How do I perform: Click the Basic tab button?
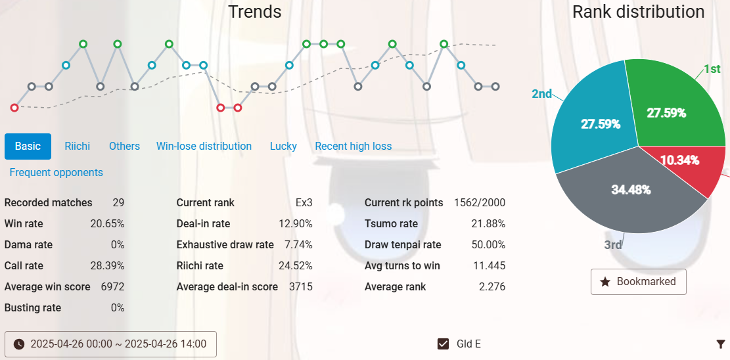click(28, 146)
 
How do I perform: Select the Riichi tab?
click(77, 146)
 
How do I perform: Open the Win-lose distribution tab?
click(204, 146)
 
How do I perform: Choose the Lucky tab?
click(283, 146)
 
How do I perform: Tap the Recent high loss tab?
click(353, 146)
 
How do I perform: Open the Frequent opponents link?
click(56, 172)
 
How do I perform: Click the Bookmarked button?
click(638, 281)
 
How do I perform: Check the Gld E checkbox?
click(444, 344)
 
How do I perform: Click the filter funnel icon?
click(721, 344)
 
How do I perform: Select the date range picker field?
click(110, 344)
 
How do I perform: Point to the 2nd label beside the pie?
click(541, 94)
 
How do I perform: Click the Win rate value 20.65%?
click(107, 223)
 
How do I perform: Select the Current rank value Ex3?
click(304, 202)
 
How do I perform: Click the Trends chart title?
click(255, 12)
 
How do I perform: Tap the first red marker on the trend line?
click(14, 108)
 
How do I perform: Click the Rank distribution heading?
click(638, 12)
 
